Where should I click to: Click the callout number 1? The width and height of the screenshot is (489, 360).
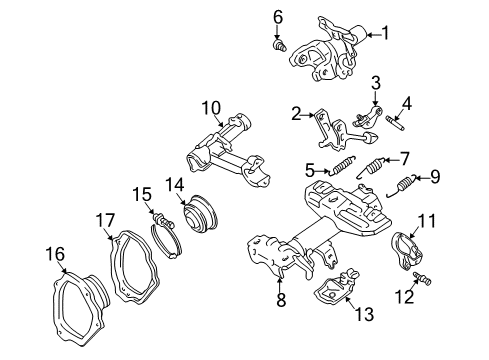[385, 33]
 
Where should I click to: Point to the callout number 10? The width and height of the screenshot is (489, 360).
[210, 107]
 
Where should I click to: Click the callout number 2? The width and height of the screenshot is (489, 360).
[297, 116]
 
